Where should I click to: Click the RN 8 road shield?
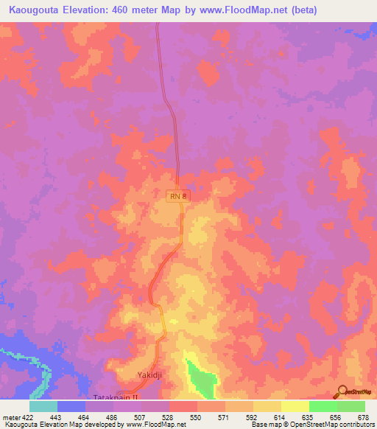coord(176,195)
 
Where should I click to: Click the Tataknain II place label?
coord(116,397)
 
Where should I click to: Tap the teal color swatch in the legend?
coord(43,406)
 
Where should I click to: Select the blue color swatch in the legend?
coord(71,406)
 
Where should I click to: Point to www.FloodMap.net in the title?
coord(257,9)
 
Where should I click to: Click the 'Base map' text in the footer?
coord(263,425)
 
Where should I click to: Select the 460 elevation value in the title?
coord(123,9)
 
